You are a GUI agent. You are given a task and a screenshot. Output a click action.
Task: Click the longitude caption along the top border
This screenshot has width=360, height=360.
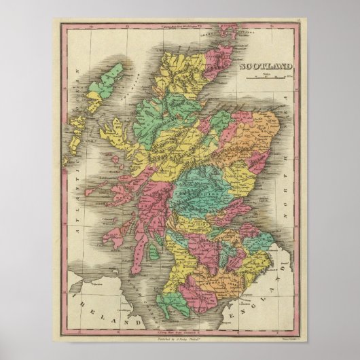tap(179, 26)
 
